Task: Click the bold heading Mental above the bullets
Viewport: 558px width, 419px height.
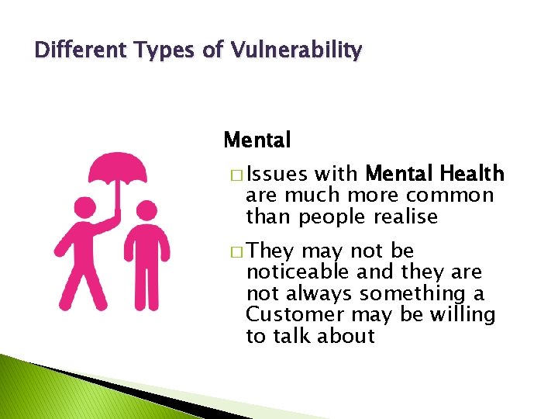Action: pyautogui.click(x=257, y=140)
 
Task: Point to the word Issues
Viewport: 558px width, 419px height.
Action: pyautogui.click(x=277, y=174)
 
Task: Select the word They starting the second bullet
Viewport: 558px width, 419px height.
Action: pyautogui.click(x=271, y=251)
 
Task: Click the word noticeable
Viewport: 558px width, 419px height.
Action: pyautogui.click(x=298, y=272)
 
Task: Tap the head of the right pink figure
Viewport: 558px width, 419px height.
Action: pyautogui.click(x=145, y=212)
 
